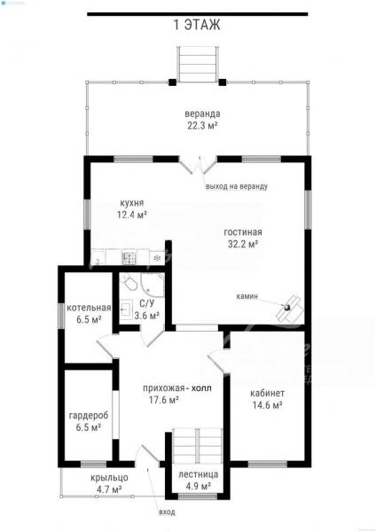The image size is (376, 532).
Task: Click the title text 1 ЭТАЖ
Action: [197, 25]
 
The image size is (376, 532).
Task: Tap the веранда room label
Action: [202, 113]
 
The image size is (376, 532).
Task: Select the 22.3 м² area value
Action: [202, 126]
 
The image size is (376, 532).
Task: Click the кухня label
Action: [131, 203]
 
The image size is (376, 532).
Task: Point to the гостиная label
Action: [243, 232]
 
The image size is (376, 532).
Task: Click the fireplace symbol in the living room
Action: [289, 308]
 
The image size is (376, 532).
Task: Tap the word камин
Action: [247, 296]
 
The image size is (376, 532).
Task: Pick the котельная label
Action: [89, 308]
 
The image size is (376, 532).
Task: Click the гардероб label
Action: [89, 416]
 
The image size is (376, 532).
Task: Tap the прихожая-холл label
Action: [177, 388]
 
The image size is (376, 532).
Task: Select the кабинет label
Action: [268, 393]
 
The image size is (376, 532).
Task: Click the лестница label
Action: [199, 474]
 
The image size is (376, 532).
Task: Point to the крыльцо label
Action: [109, 478]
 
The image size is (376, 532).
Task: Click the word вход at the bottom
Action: [167, 512]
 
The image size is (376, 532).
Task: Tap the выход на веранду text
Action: [237, 186]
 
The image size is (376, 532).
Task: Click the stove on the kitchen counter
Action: [129, 257]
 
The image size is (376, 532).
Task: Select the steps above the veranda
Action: [198, 64]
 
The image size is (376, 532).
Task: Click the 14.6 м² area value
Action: [268, 405]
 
